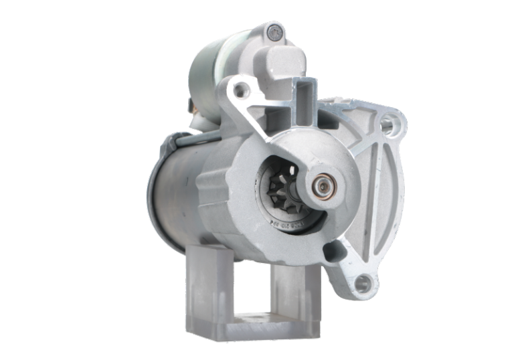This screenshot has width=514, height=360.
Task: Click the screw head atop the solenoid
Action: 272,30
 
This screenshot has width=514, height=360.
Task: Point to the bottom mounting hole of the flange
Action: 363,284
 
